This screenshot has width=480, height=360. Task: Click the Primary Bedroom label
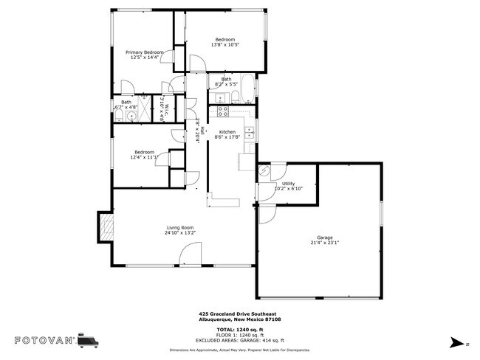(144, 52)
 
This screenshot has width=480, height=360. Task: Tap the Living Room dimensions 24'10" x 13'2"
(179, 233)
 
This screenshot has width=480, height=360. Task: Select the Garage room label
(325, 238)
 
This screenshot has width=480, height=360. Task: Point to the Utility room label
(288, 183)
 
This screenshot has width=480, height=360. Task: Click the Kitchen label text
(226, 131)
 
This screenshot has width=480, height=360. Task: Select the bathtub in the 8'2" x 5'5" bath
(248, 90)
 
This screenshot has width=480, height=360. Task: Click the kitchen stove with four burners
(222, 112)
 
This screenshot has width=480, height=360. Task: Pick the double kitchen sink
(250, 134)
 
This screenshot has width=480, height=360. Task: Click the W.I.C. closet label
(167, 109)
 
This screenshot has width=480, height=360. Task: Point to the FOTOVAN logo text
(44, 340)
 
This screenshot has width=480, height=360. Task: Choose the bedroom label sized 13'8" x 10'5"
(225, 42)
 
